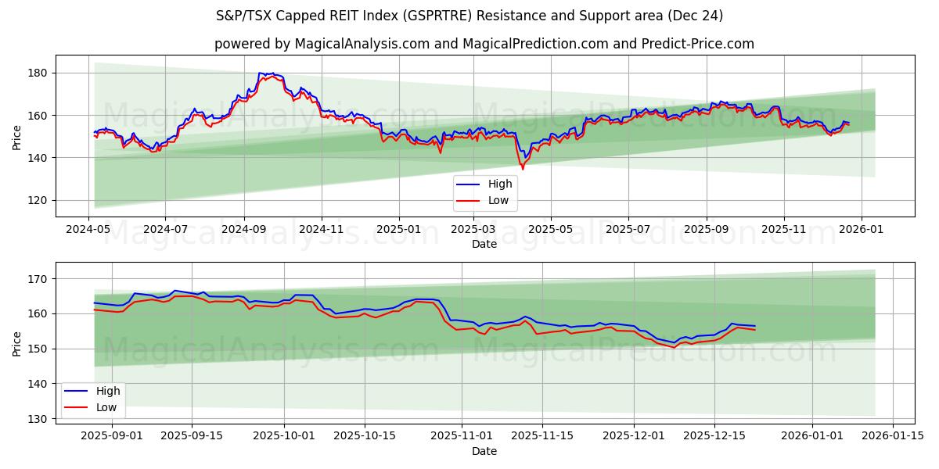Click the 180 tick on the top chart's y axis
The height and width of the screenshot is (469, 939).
click(x=38, y=73)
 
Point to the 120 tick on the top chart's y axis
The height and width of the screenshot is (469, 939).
click(x=38, y=200)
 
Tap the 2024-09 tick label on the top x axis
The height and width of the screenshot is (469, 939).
click(x=243, y=231)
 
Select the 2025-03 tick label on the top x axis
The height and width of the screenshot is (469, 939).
click(x=474, y=231)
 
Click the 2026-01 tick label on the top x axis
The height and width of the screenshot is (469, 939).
click(x=862, y=231)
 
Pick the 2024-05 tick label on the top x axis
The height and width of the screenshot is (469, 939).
click(x=88, y=231)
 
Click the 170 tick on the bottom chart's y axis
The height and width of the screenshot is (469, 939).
click(x=38, y=279)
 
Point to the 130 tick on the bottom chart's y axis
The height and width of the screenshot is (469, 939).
click(x=38, y=419)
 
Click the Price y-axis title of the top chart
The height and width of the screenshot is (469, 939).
click(x=17, y=136)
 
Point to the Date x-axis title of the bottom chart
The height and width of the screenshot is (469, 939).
click(x=484, y=451)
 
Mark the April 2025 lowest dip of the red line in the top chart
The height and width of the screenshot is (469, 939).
click(x=523, y=169)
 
